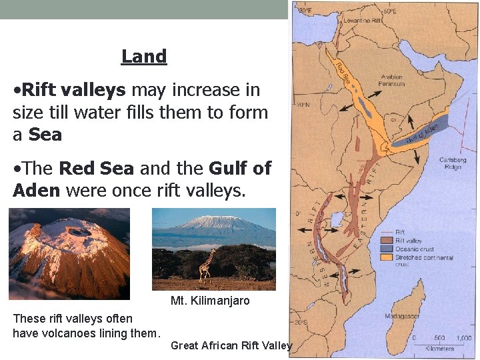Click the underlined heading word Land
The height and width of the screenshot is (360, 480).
[x=144, y=57]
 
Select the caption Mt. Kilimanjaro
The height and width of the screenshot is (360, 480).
[x=210, y=301]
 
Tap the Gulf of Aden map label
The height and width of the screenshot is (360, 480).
[x=423, y=131]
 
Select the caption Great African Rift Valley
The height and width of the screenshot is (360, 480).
[x=231, y=345]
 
